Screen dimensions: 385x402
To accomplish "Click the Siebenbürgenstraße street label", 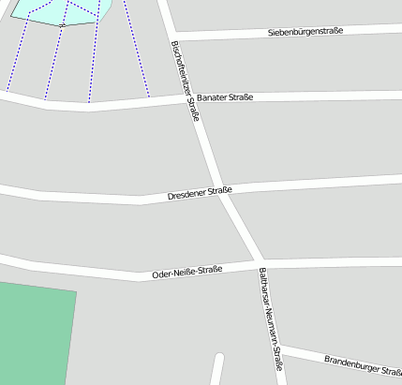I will [305, 31].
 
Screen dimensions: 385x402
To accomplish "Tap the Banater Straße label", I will [225, 97].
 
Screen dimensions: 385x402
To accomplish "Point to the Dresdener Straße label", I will [200, 193].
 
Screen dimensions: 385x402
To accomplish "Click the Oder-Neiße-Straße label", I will [186, 273].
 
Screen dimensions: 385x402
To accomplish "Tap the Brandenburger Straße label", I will [362, 364].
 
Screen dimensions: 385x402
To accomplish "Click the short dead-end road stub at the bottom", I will [217, 369].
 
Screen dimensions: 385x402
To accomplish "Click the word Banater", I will [212, 98].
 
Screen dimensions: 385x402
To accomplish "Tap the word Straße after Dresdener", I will [219, 190].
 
